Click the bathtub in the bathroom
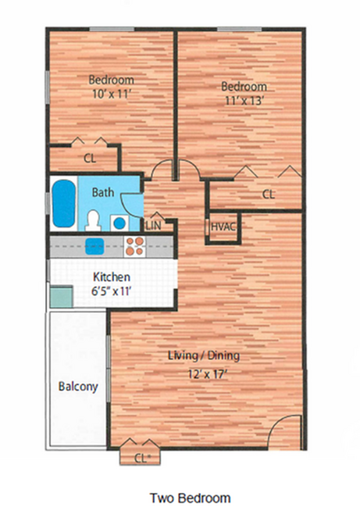(63, 204)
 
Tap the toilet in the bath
(93, 220)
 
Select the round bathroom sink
(119, 223)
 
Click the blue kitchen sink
(94, 246)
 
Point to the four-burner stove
(135, 246)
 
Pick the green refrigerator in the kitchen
(62, 297)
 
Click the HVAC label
(223, 227)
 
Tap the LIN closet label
(153, 226)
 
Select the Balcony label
(78, 387)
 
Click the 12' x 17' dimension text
(207, 374)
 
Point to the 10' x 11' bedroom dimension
(110, 95)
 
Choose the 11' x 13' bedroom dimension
(244, 101)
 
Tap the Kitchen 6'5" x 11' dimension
(111, 291)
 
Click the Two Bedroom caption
(190, 499)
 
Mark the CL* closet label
(142, 459)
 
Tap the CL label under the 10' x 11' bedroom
(90, 158)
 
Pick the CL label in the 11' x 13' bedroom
(269, 194)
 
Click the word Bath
(103, 192)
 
